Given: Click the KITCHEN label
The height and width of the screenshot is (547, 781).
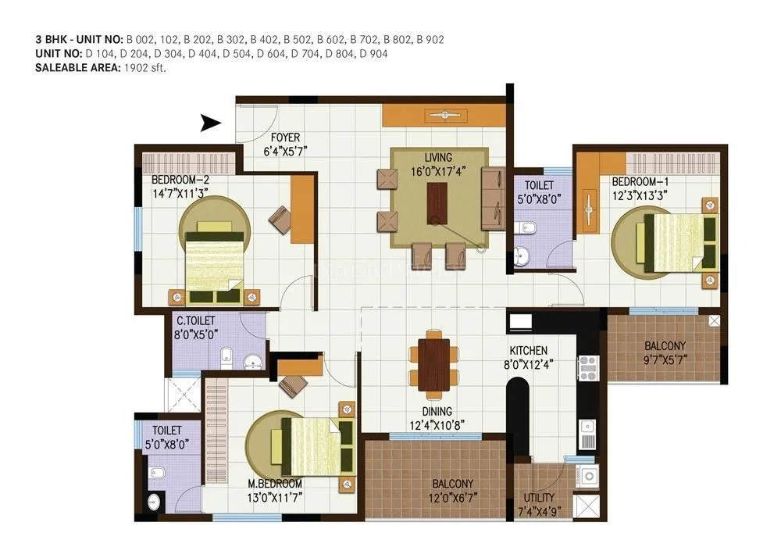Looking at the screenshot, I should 529,351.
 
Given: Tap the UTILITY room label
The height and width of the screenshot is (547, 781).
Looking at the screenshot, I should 540,498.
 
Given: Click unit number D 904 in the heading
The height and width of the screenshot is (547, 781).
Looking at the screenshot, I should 373,54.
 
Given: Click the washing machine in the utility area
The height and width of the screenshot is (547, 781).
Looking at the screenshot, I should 587,475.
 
